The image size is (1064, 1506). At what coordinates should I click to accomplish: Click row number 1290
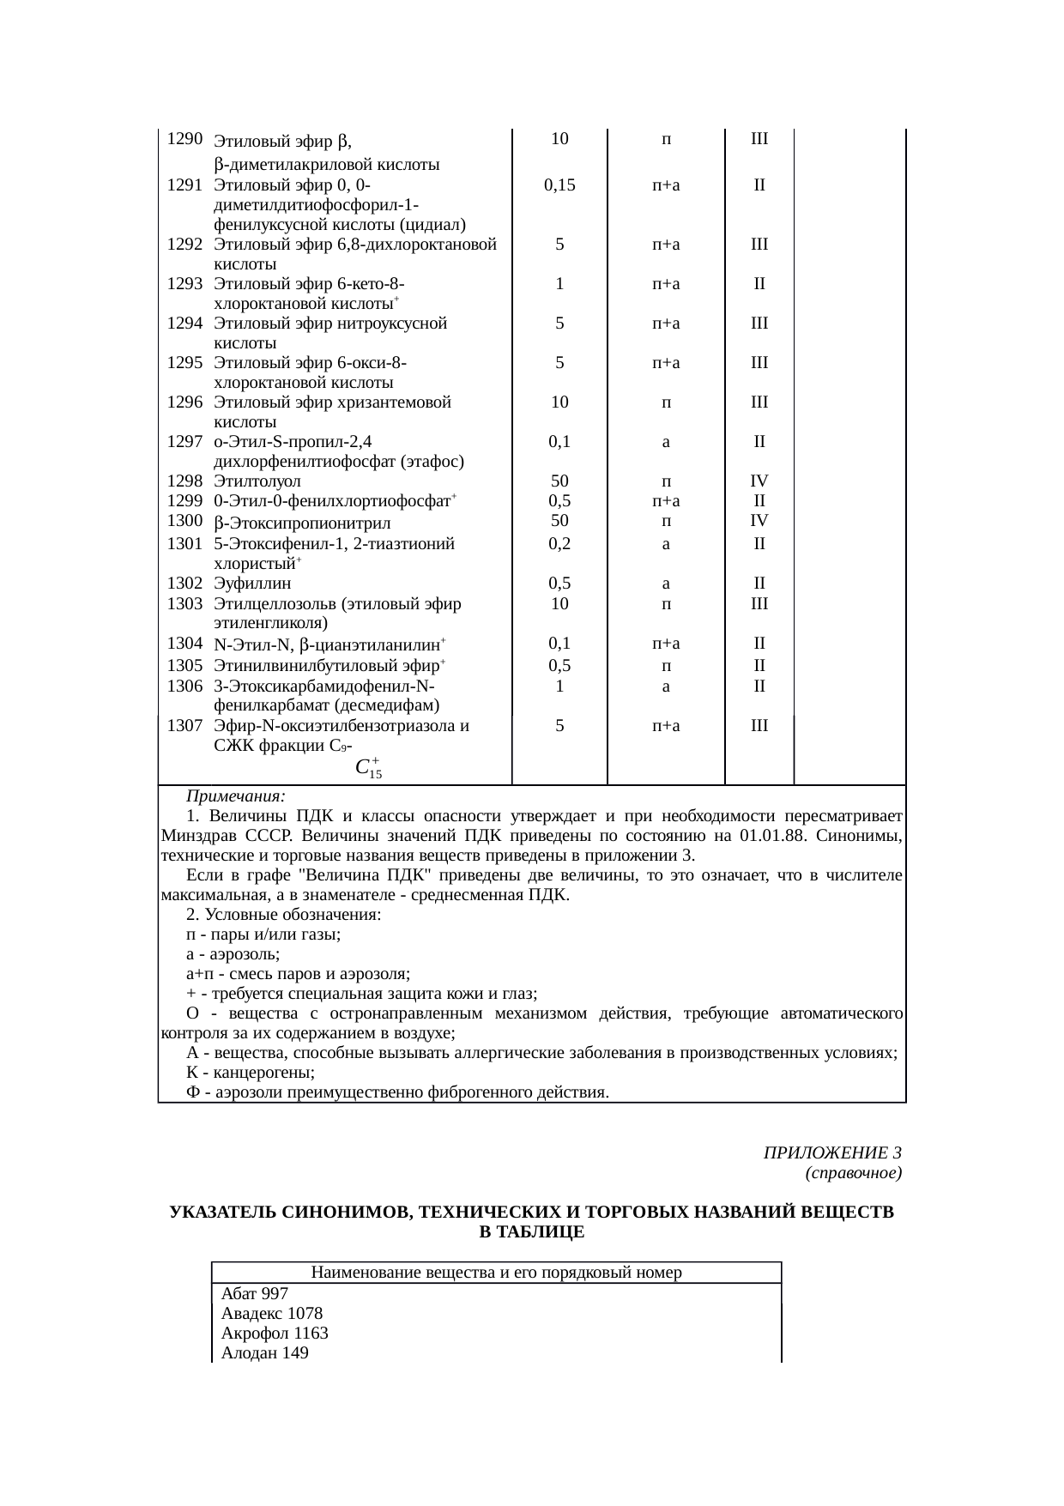(x=184, y=138)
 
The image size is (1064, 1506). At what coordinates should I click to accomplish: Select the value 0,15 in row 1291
(x=559, y=184)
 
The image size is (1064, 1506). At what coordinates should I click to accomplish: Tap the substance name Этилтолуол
(x=257, y=481)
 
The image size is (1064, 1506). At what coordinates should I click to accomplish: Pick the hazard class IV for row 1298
(x=759, y=481)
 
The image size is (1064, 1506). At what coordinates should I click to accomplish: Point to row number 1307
(x=184, y=725)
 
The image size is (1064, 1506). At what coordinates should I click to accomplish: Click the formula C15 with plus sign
(x=368, y=767)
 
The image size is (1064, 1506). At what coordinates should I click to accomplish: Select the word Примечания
(x=236, y=795)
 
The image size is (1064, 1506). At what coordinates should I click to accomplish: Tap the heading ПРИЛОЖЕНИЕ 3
(x=831, y=1152)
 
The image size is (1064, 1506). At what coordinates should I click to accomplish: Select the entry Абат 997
(x=254, y=1293)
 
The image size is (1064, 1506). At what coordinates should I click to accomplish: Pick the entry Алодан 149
(x=264, y=1353)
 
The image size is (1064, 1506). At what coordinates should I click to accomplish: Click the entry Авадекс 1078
(x=271, y=1313)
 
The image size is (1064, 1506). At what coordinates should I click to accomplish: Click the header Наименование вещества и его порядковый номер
(x=496, y=1272)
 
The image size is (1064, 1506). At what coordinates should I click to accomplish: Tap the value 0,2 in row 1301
(x=559, y=543)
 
